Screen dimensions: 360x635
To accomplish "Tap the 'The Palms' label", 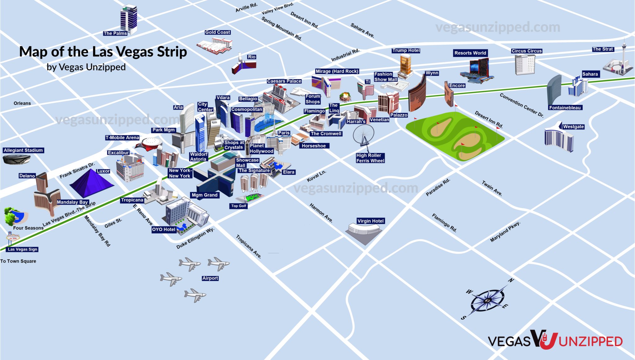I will point(115,33).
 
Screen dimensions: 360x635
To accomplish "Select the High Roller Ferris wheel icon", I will point(364,135).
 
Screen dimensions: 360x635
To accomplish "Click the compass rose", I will point(487,300).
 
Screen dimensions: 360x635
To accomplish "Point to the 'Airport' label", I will point(210,278).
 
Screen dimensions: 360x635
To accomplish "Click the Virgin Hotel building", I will point(364,233).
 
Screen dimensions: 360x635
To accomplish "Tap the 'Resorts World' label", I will point(470,53).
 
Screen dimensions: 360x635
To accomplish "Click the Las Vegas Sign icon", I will point(13,238).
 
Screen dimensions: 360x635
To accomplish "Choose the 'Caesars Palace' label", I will point(284,81).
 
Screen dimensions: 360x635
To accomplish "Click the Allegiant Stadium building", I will point(16,159).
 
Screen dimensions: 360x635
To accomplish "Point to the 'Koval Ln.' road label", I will point(316,176).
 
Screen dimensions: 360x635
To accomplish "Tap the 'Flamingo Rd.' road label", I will point(444,223).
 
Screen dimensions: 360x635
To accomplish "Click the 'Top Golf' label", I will point(238,206).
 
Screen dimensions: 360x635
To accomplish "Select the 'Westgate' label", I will point(573,127).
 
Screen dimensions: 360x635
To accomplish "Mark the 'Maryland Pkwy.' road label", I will point(505,232).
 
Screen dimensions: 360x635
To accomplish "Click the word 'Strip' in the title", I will point(172,52).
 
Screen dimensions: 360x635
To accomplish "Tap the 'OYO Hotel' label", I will point(163,229).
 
